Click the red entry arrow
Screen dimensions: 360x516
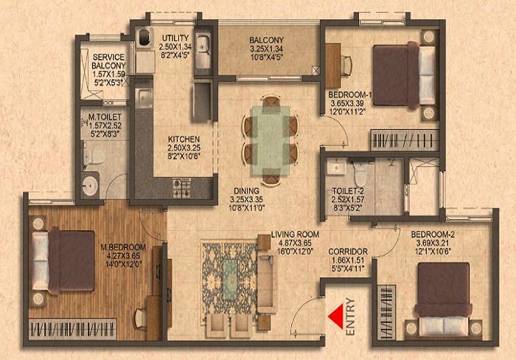tap(335, 316)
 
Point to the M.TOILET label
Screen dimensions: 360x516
tap(103, 117)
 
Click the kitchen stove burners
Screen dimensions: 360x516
tap(182, 188)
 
